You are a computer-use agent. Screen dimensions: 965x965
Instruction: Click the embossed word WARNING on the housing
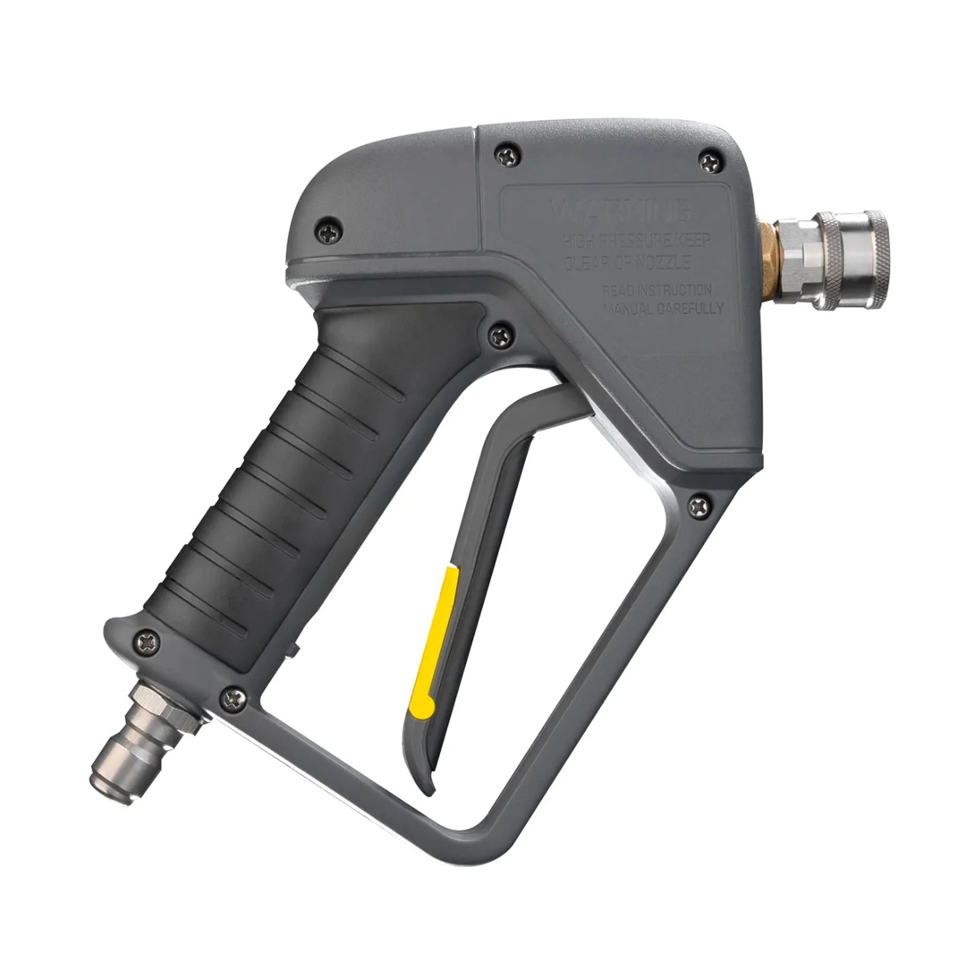click(x=621, y=212)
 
